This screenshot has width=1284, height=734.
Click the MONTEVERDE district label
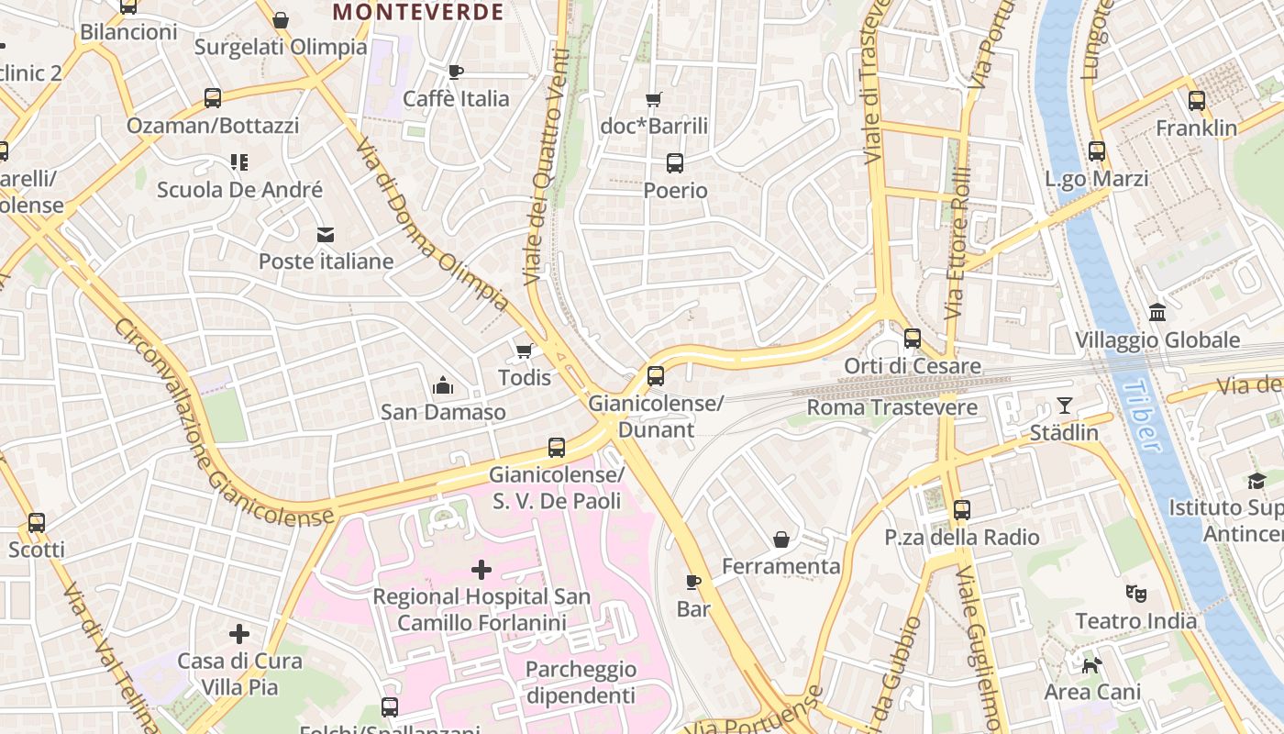418,12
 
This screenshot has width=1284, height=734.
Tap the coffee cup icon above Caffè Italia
456,72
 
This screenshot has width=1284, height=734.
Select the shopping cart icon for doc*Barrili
654,99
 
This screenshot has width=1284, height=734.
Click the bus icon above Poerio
675,163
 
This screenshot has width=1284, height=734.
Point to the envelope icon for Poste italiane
326,235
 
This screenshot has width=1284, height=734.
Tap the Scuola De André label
239,190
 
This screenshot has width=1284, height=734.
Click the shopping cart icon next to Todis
525,350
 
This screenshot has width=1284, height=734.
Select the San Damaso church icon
443,385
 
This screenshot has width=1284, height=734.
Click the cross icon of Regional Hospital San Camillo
481,570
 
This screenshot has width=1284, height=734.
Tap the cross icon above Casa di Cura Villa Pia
239,634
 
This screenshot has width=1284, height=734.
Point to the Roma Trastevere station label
879,406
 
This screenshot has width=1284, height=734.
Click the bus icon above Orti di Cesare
913,339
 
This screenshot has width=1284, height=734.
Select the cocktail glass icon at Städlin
1064,405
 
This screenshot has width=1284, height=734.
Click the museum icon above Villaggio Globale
1157,313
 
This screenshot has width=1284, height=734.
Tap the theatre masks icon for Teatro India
1136,594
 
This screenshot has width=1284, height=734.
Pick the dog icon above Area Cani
1091,664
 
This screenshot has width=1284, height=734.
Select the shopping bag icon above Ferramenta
781,539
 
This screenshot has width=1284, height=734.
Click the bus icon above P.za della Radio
962,510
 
